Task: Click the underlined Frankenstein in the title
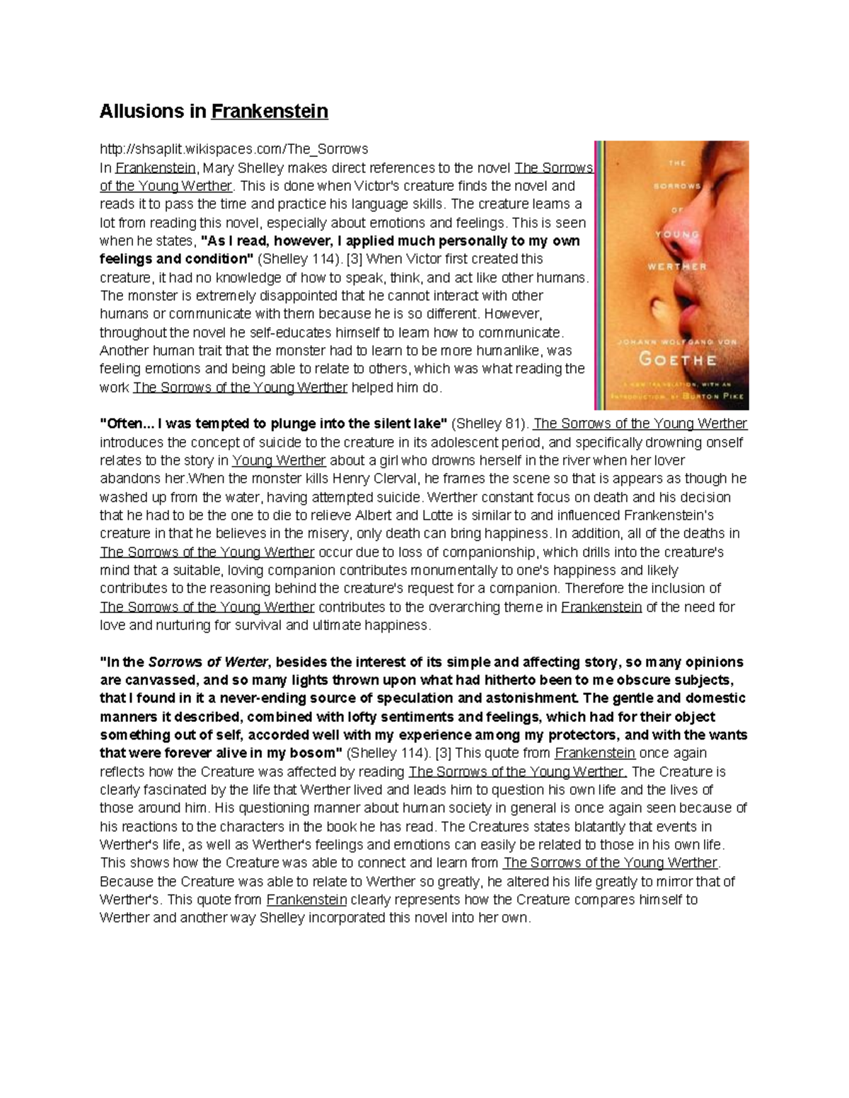270,111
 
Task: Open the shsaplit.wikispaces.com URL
233,149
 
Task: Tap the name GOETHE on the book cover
678,358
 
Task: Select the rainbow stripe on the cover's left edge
599,276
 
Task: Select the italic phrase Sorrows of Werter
208,662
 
